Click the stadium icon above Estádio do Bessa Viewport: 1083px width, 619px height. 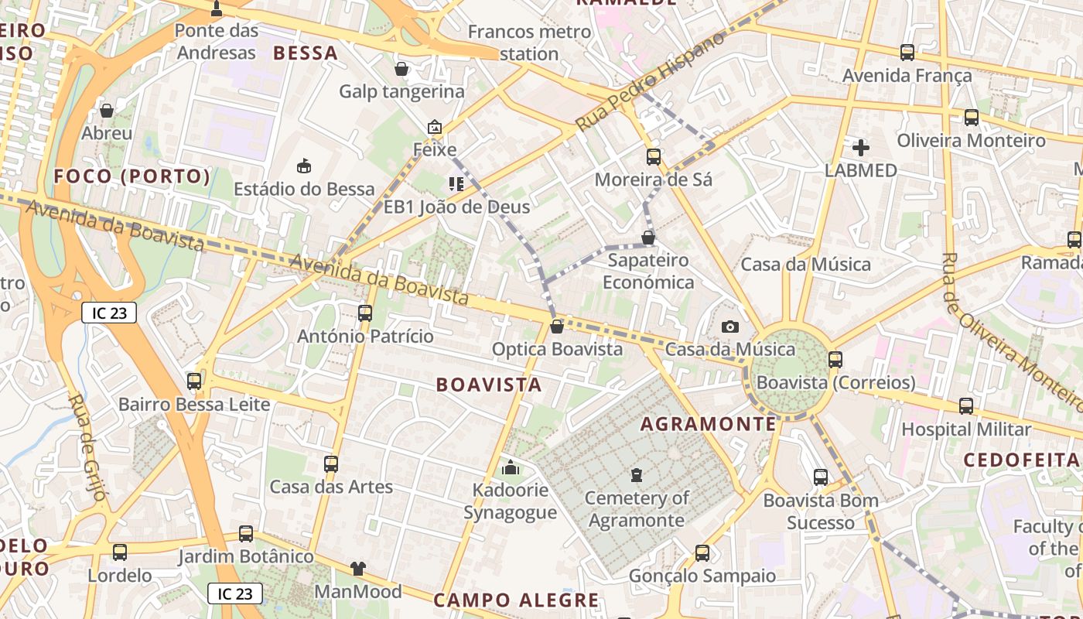point(304,166)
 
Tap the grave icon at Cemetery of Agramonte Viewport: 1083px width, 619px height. point(637,474)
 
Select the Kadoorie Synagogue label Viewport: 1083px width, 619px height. point(511,501)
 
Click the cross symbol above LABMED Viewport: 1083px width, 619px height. point(861,148)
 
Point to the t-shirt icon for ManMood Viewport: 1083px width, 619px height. point(357,569)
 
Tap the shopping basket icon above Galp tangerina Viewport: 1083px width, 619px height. point(401,69)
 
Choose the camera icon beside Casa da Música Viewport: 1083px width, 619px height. point(730,327)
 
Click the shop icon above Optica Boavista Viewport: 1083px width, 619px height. point(556,327)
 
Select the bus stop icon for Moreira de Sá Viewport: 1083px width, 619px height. point(654,157)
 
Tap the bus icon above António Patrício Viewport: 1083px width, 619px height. point(365,313)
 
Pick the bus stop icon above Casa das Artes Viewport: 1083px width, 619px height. point(331,464)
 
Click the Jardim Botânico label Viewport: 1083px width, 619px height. point(246,556)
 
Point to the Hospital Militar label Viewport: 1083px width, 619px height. point(966,429)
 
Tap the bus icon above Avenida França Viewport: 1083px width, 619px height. point(907,53)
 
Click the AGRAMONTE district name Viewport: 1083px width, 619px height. point(708,424)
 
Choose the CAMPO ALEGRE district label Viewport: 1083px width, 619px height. point(516,600)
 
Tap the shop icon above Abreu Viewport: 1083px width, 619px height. point(107,111)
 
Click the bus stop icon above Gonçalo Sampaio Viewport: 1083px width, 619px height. point(702,553)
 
